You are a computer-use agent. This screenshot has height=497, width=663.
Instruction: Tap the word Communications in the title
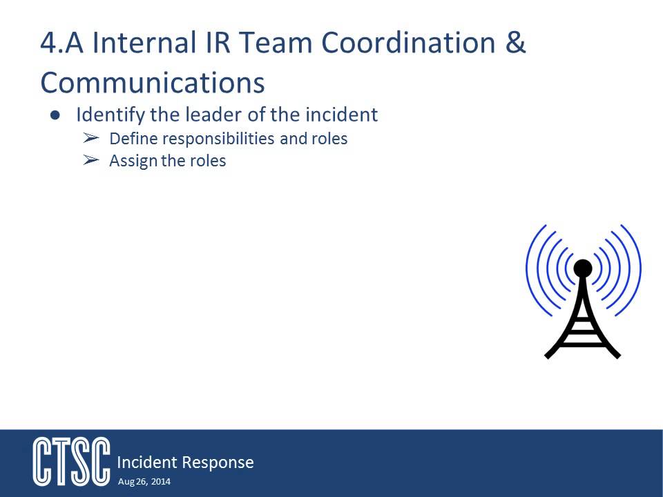(x=153, y=83)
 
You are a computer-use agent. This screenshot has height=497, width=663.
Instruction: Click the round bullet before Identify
(x=55, y=115)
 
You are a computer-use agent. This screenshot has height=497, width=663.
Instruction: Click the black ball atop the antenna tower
(x=583, y=266)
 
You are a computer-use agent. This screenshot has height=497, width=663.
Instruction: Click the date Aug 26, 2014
(x=144, y=481)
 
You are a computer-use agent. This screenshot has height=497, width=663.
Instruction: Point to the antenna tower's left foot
(x=548, y=355)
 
